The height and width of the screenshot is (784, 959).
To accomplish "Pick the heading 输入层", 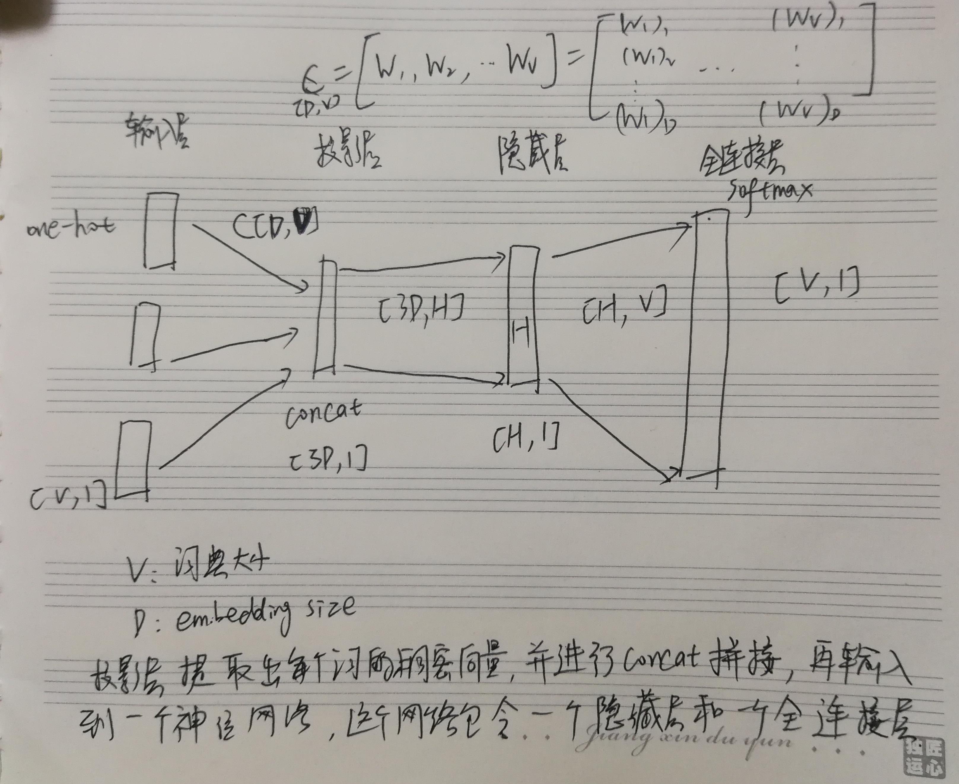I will (x=157, y=132).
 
